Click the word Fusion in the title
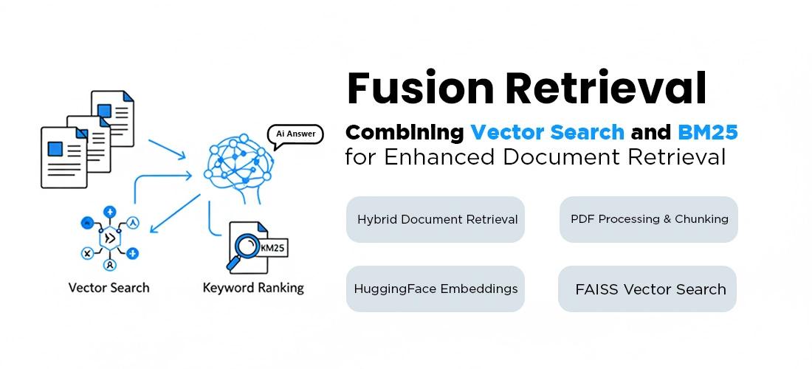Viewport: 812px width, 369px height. pos(420,89)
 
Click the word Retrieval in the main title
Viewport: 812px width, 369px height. pos(605,89)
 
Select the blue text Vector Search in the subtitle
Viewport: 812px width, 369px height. pos(547,133)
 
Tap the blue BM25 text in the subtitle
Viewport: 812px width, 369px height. pos(707,133)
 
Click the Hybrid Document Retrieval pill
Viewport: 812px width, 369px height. pos(436,219)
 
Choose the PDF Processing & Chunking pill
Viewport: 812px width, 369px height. pos(649,219)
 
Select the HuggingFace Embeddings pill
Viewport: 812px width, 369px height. pos(436,289)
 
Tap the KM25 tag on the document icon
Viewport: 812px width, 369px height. pos(272,248)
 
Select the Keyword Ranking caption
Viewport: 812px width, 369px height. pos(253,288)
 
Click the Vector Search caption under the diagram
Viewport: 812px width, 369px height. pos(109,288)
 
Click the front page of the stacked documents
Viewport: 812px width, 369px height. pos(63,156)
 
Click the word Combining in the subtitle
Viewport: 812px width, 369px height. pos(405,133)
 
